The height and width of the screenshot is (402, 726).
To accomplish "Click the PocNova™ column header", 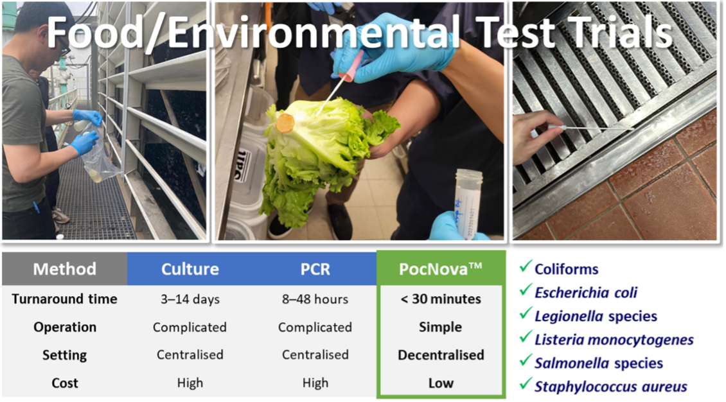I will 441,268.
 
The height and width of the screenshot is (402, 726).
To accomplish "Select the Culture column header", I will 190,268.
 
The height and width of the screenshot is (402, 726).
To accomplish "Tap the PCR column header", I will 315,268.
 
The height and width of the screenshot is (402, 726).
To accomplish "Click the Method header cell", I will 64,268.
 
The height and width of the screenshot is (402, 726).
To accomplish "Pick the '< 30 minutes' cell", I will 441,299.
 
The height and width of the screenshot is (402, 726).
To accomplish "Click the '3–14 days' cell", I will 190,299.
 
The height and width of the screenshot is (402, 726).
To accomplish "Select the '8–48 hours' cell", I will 315,299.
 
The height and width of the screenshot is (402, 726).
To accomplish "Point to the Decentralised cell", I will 441,355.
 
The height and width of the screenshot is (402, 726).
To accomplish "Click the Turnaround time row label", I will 64,299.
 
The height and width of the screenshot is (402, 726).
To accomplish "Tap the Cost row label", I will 64,383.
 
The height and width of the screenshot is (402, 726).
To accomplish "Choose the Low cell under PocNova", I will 441,383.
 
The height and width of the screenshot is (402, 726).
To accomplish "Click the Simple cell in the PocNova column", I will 441,327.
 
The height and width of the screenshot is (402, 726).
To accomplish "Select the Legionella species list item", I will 596,316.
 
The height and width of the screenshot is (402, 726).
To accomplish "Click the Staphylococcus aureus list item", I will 610,387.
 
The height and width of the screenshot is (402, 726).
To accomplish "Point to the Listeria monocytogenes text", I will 614,340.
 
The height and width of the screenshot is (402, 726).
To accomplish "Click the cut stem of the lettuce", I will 285,123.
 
